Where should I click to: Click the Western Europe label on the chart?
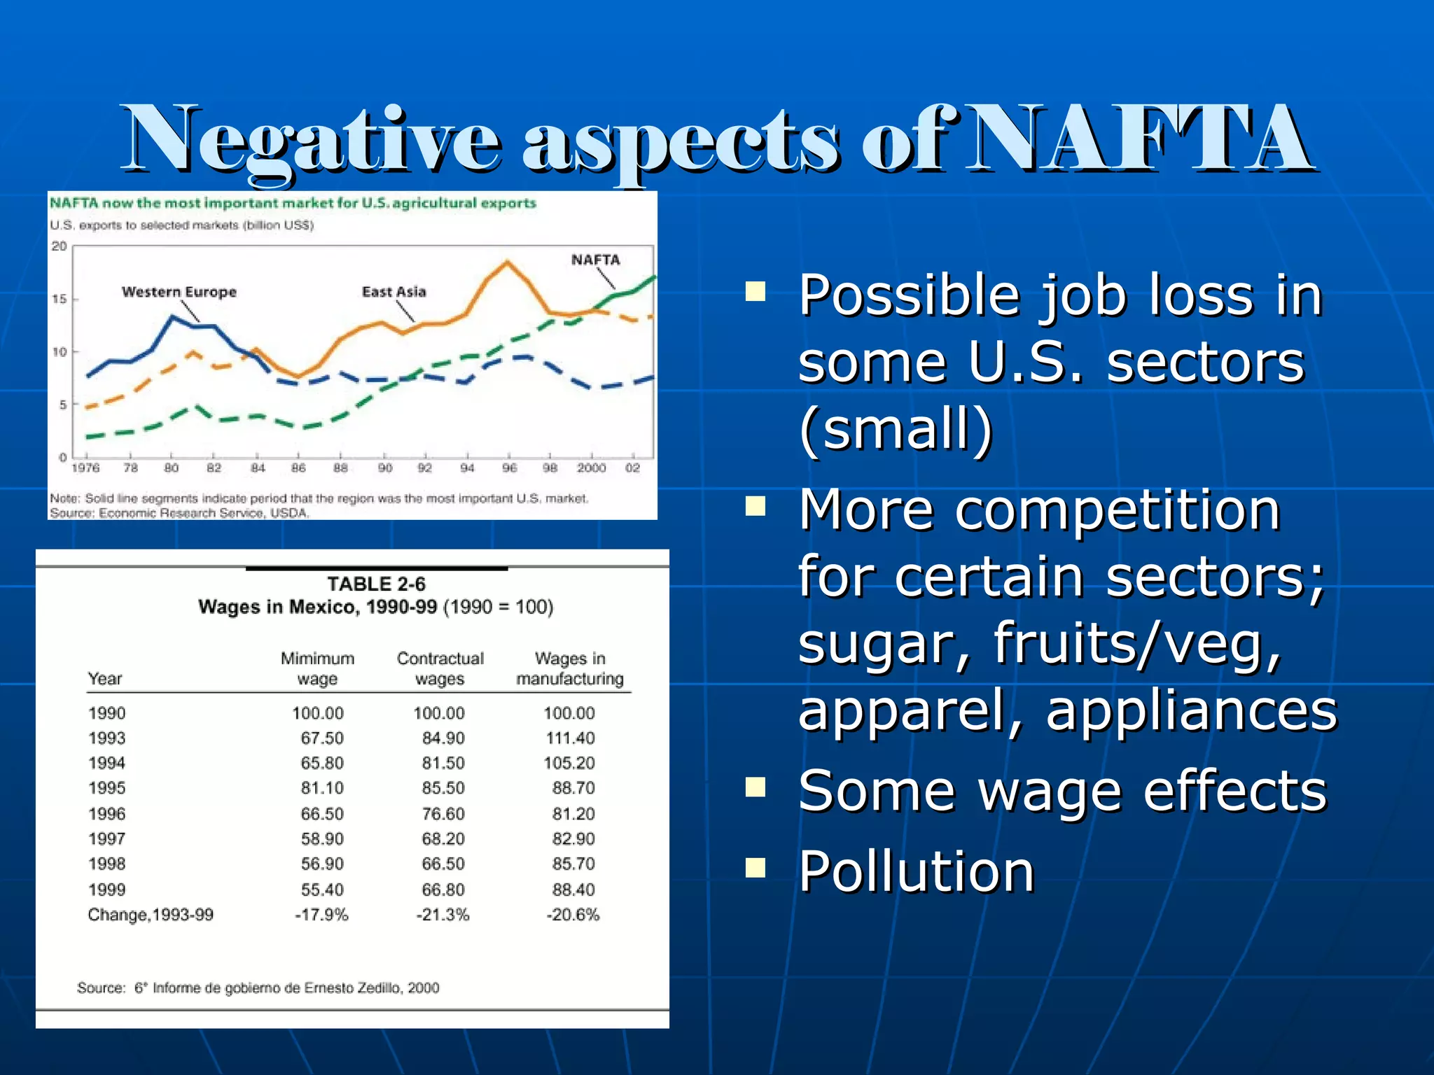[179, 292]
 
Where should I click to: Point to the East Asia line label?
[394, 292]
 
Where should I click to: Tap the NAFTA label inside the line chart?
[595, 260]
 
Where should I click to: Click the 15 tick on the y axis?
[60, 300]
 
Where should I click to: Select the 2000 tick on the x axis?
[591, 468]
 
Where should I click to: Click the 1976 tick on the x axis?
[85, 468]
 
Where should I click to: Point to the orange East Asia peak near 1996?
[507, 262]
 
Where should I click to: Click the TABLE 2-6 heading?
[376, 584]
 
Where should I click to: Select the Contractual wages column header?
[440, 668]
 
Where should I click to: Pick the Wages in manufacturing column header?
[569, 668]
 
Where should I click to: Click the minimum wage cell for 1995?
[322, 788]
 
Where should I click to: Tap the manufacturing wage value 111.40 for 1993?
[570, 738]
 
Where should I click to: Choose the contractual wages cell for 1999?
[443, 890]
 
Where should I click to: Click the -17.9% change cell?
[321, 915]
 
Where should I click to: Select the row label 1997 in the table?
[106, 838]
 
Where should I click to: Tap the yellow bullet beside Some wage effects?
[756, 787]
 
